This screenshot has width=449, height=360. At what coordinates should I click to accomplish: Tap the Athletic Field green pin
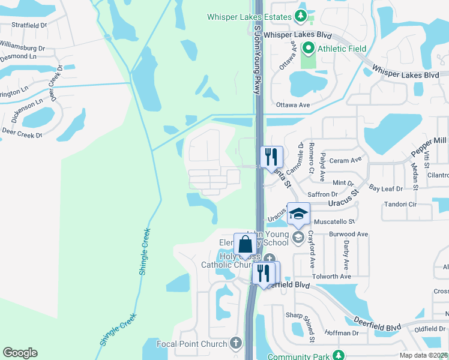(309, 47)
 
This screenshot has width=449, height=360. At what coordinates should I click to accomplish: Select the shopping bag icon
(245, 245)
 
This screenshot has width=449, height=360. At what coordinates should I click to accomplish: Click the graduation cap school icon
(298, 214)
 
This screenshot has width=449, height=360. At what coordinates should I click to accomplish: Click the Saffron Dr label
(323, 194)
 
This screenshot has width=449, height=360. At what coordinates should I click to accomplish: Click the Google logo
(20, 353)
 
